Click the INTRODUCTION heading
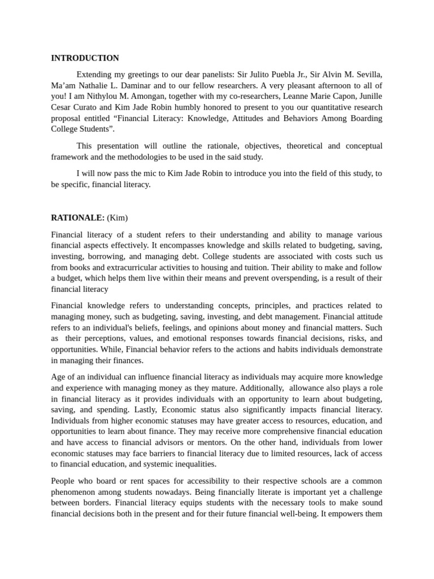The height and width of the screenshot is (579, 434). pos(85,58)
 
